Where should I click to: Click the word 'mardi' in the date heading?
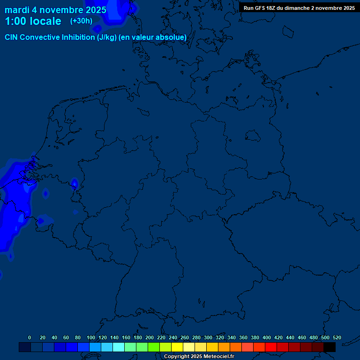click(17, 10)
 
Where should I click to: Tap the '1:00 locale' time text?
click(33, 21)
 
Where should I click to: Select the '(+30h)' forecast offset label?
click(81, 21)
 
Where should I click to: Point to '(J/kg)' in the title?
click(107, 37)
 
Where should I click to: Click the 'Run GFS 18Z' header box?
click(299, 8)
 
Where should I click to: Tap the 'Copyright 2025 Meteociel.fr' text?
click(199, 357)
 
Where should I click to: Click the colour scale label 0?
click(30, 337)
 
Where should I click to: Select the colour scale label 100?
click(91, 337)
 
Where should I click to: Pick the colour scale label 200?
click(150, 337)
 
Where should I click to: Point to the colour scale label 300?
click(208, 337)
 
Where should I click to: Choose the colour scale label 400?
click(267, 337)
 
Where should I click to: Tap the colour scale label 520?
click(337, 337)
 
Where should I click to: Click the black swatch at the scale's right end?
click(330, 347)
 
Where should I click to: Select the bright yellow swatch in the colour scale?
click(177, 347)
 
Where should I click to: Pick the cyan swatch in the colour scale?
click(118, 347)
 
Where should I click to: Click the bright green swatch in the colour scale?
click(153, 347)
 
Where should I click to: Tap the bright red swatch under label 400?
click(270, 347)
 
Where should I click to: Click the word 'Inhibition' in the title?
click(78, 37)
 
